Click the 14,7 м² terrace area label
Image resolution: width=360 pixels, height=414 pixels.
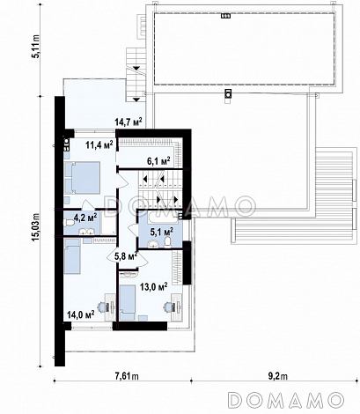129,122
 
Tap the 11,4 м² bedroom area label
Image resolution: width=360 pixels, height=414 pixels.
99,144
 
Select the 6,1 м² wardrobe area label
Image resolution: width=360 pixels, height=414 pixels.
158,160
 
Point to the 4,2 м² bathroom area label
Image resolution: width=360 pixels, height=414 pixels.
85,218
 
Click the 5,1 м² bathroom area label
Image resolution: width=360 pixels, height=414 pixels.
161,232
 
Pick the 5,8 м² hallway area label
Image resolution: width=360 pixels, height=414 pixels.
126,256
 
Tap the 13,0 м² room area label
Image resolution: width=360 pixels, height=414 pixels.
153,287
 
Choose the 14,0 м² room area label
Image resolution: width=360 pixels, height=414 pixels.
80,314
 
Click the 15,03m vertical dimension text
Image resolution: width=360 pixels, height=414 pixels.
36,227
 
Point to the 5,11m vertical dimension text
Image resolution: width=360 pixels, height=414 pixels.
36,47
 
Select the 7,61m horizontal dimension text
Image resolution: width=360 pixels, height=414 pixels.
127,376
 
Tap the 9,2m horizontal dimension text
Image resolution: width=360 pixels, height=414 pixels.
279,376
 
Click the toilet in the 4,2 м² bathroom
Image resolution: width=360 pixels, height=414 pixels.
69,224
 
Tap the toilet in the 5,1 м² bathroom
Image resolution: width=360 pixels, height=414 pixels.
167,242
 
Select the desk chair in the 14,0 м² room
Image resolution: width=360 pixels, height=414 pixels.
102,307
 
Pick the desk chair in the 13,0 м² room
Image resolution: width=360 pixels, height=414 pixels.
169,307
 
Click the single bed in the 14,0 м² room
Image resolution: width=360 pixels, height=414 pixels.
72,256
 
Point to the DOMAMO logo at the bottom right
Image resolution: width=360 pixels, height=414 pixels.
286,400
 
